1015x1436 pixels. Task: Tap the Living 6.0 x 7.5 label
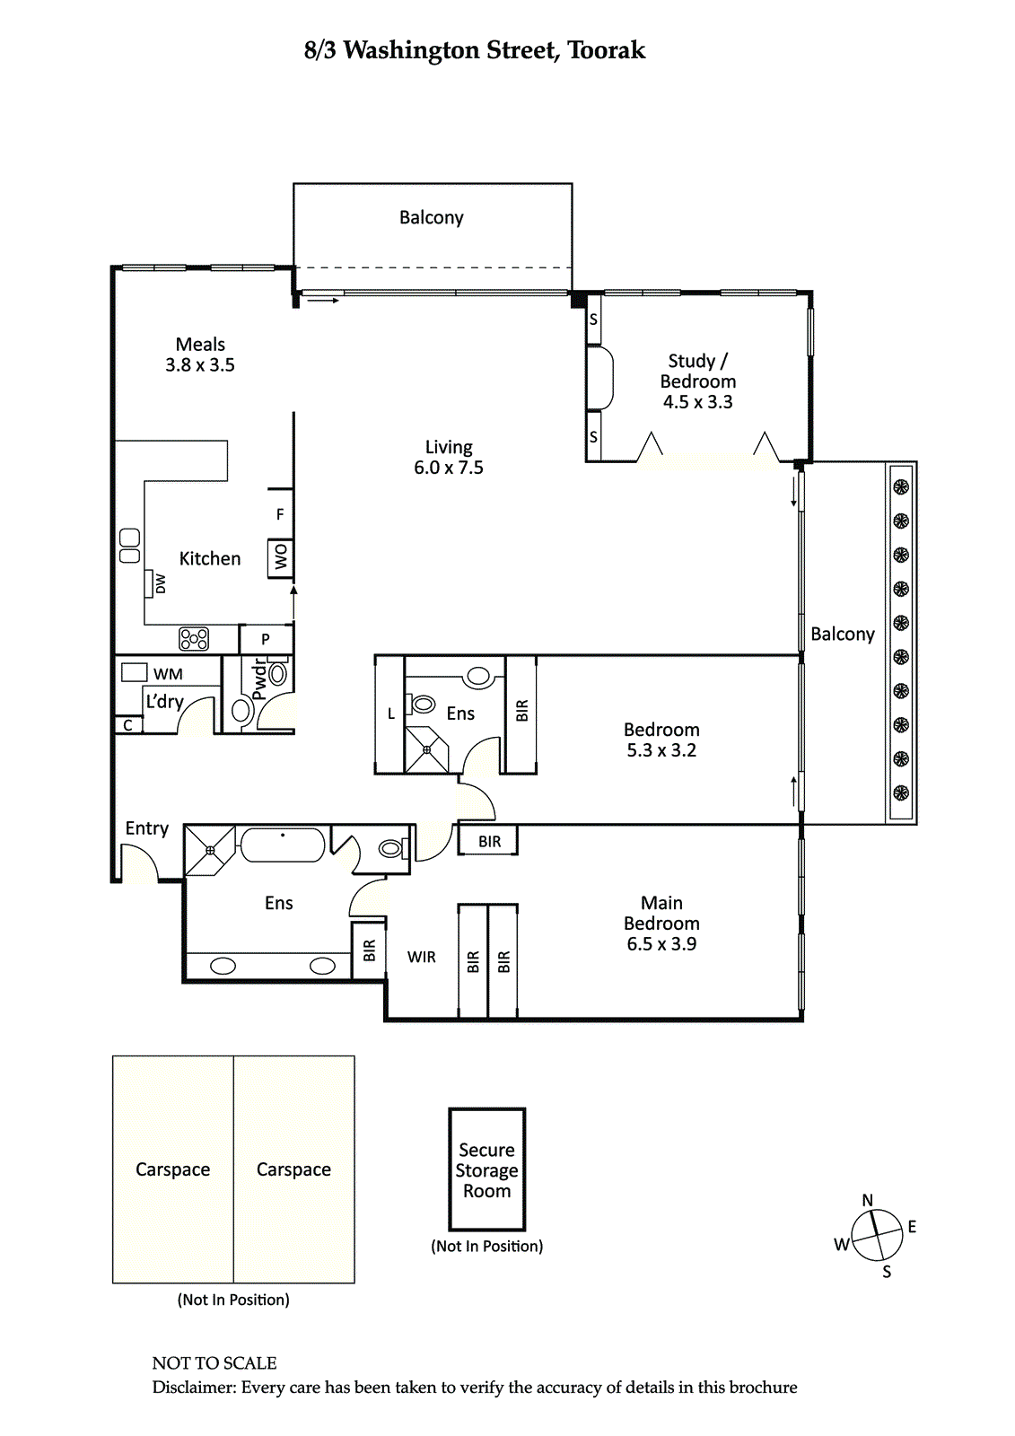click(x=448, y=457)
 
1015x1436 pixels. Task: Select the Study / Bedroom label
click(x=697, y=381)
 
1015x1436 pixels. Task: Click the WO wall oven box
click(x=280, y=557)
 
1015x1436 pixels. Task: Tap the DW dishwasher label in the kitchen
click(x=161, y=583)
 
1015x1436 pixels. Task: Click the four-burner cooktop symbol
click(x=194, y=638)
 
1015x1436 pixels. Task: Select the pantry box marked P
click(x=267, y=639)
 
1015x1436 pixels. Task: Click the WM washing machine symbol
click(x=135, y=672)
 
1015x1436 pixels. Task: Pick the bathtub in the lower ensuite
click(x=282, y=845)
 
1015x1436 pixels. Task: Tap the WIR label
click(x=421, y=957)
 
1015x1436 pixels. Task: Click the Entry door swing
click(x=140, y=862)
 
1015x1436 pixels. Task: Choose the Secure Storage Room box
click(x=487, y=1169)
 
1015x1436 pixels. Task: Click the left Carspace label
click(x=172, y=1169)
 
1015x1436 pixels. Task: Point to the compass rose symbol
click(x=877, y=1234)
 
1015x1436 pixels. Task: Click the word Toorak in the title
click(x=607, y=50)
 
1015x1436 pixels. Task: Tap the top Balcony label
click(x=432, y=217)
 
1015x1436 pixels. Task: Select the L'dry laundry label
click(x=165, y=702)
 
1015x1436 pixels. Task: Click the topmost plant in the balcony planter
click(x=901, y=487)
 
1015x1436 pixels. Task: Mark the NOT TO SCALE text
click(x=214, y=1363)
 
